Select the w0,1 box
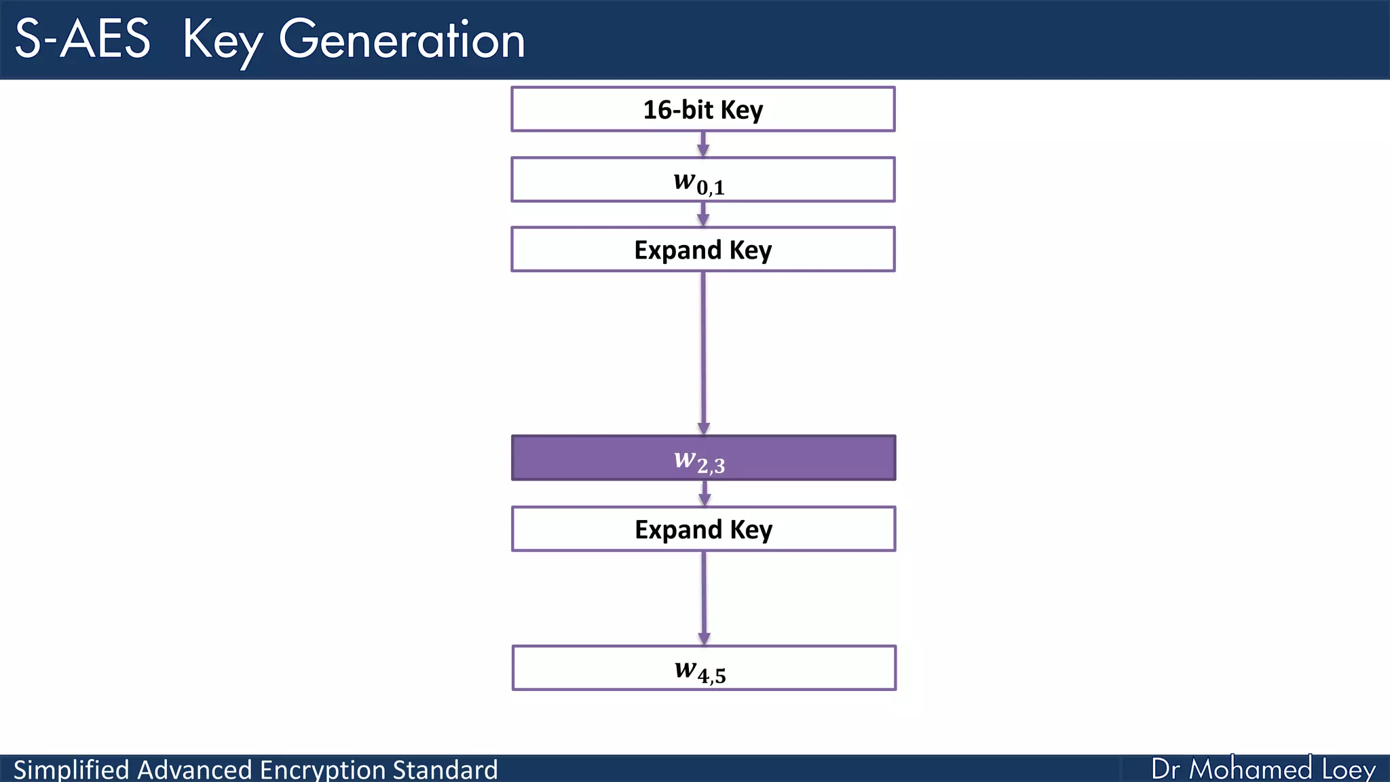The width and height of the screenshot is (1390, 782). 703,180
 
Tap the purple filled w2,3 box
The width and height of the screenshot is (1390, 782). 703,458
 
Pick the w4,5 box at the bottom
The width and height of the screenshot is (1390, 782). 703,668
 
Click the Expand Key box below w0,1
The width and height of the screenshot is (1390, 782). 703,250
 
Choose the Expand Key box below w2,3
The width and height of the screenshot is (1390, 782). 703,529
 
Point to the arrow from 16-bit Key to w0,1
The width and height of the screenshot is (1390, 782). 703,144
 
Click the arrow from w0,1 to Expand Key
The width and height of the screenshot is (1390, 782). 703,215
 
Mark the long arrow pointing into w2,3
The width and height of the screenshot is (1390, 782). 703,353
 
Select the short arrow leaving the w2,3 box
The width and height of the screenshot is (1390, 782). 705,494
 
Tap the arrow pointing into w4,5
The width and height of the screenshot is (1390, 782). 704,597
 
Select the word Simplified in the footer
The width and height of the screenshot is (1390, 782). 71,769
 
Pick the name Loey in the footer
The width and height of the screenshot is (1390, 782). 1348,769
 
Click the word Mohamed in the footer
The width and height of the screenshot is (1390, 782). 1250,769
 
